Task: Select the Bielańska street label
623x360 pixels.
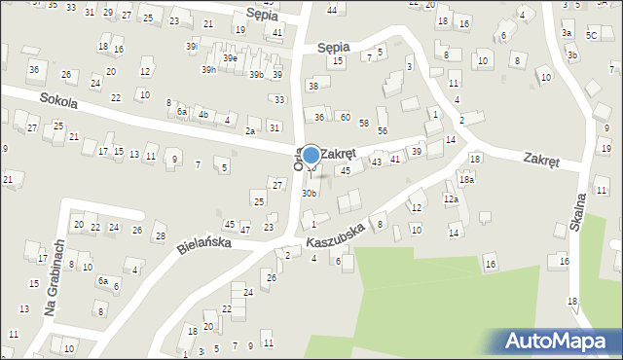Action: click(x=204, y=245)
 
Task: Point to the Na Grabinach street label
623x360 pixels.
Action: click(x=54, y=279)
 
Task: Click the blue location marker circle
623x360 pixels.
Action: click(x=311, y=155)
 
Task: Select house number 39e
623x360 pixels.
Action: click(x=230, y=58)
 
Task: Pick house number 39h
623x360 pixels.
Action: click(x=209, y=69)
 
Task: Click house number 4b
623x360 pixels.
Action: click(x=203, y=114)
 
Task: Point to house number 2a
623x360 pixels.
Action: click(x=250, y=131)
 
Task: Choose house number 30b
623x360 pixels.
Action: click(x=309, y=194)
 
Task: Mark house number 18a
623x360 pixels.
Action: click(x=467, y=180)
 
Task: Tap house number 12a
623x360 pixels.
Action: click(x=451, y=198)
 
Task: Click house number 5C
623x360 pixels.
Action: click(x=591, y=35)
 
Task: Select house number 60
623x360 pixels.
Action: click(x=345, y=117)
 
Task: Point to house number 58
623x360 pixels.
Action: click(x=363, y=123)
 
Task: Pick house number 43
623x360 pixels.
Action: click(x=376, y=162)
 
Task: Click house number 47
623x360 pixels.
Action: click(x=244, y=230)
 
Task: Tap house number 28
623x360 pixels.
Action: click(x=160, y=236)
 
